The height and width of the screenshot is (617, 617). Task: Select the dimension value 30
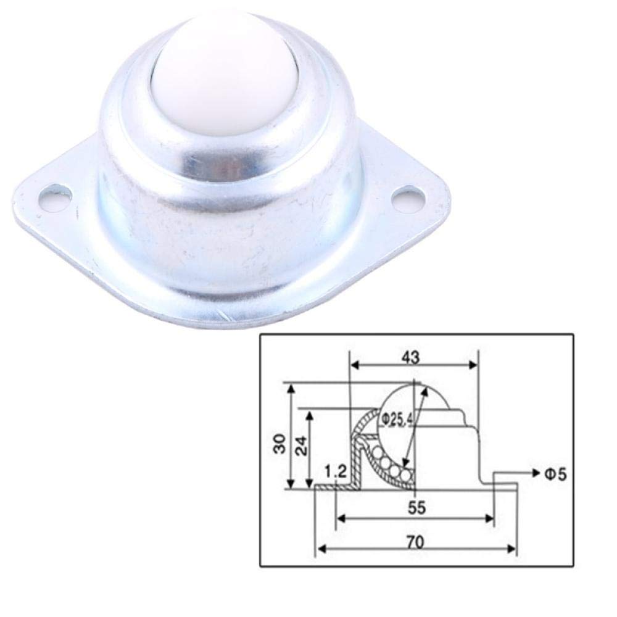pos(279,443)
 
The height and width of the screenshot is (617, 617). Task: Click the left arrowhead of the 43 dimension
pos(354,365)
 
